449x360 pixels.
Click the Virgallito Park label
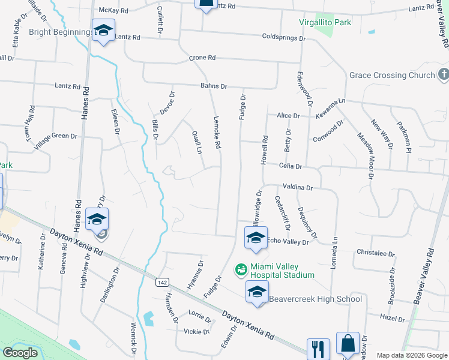pos(325,23)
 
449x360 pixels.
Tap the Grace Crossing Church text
pos(392,76)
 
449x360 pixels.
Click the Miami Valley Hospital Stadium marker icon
pos(241,271)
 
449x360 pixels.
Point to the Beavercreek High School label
pos(315,299)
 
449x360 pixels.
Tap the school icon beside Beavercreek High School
pos(256,292)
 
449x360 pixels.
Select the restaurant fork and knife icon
pos(318,348)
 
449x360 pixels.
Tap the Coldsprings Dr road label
pos(284,37)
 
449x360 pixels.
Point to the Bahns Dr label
pos(214,86)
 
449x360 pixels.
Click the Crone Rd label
pos(202,58)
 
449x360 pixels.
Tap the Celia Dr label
pos(290,166)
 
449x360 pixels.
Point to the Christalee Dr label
pos(375,253)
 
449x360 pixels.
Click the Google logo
pos(20,353)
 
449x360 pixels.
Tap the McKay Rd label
pos(114,10)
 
